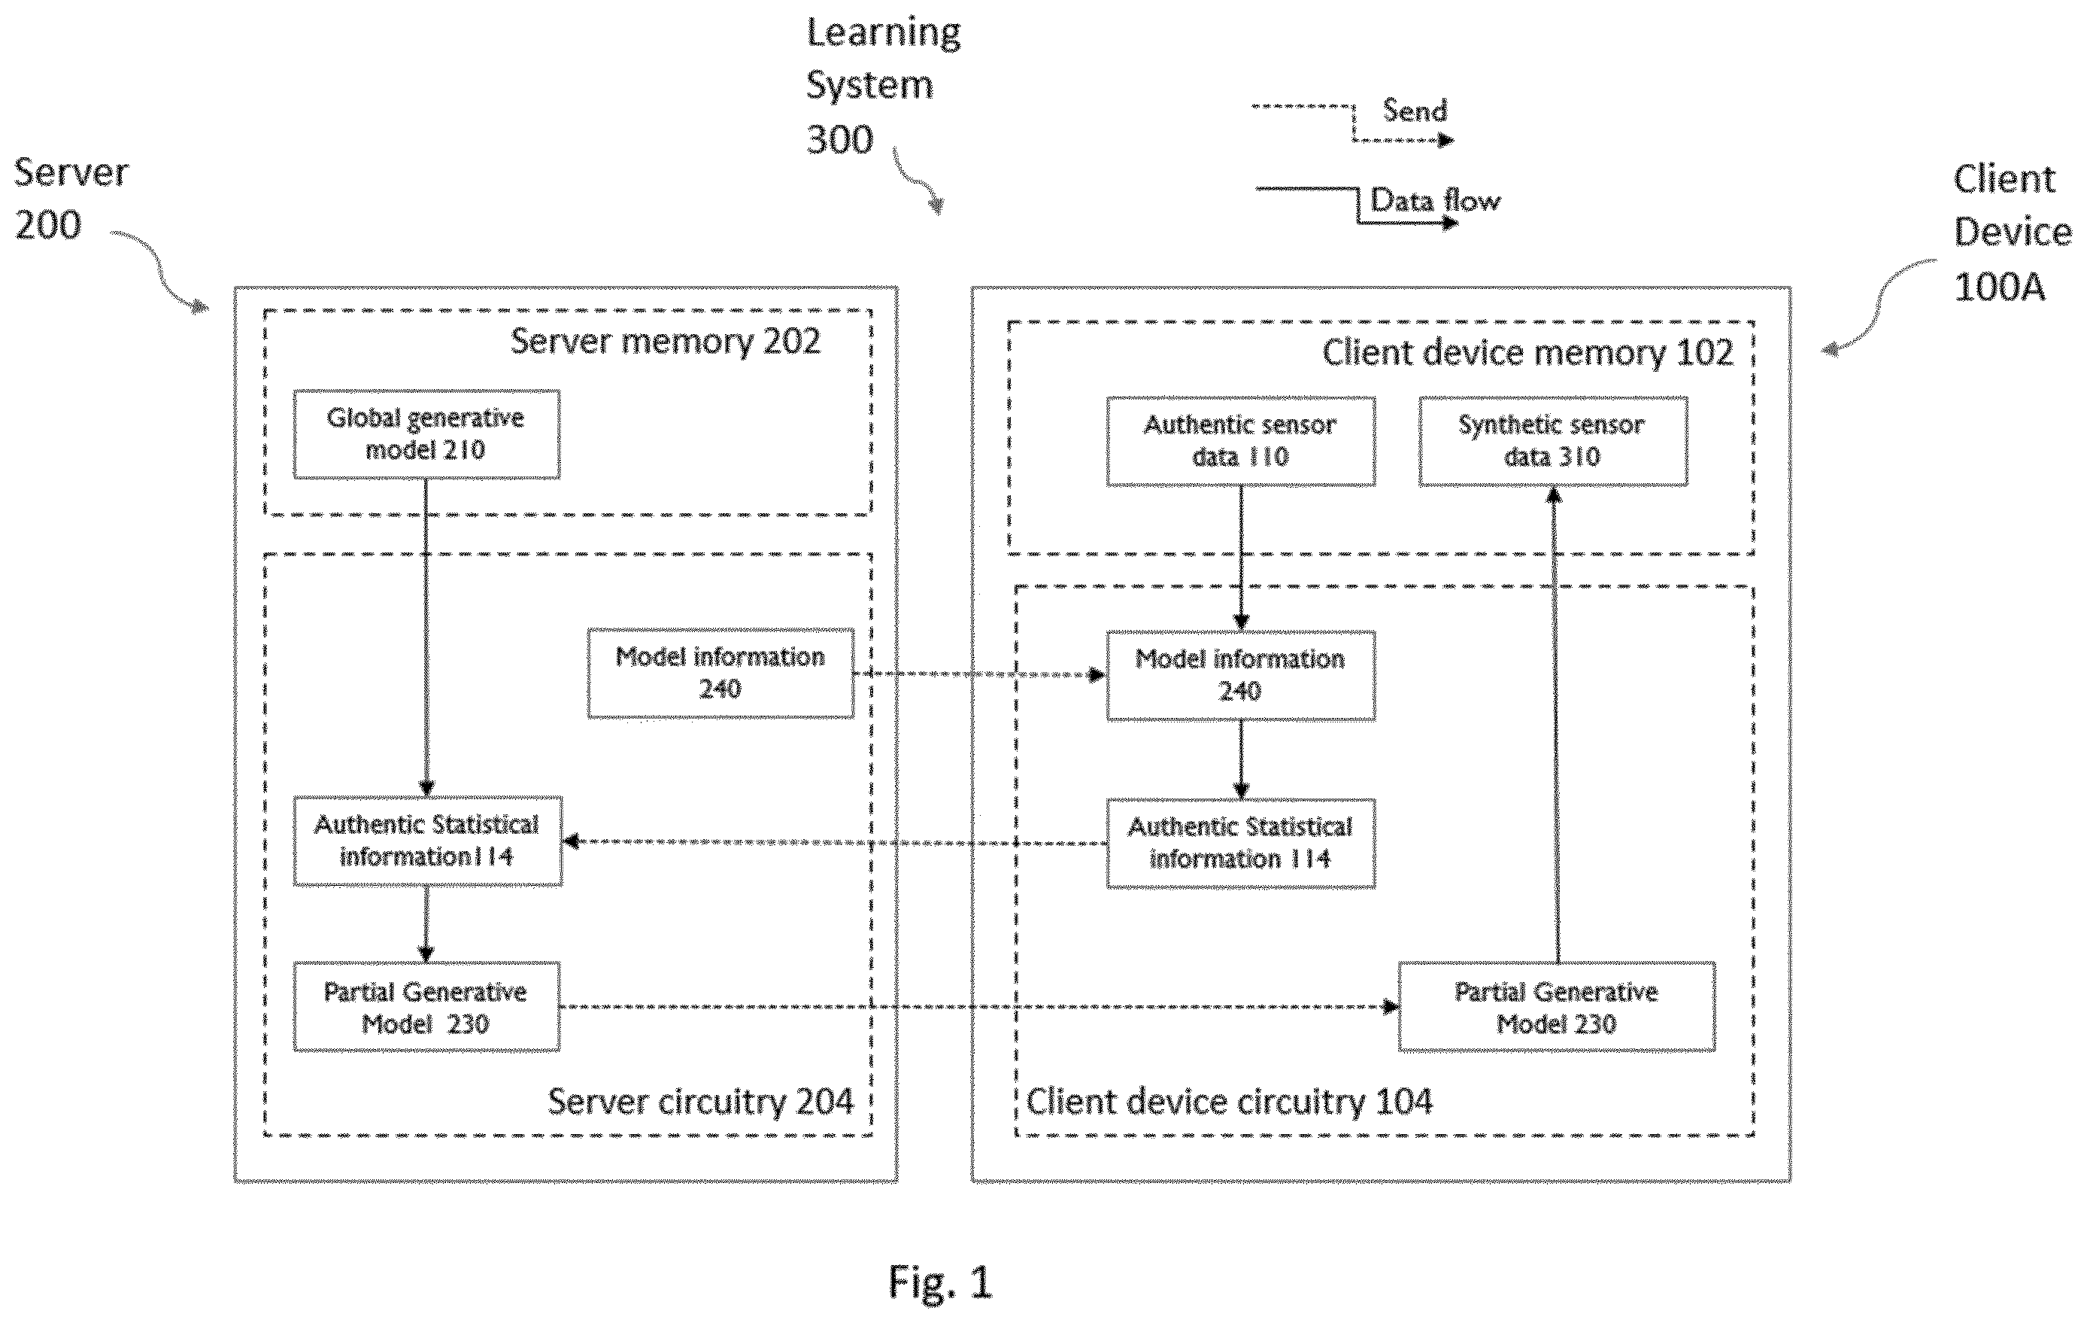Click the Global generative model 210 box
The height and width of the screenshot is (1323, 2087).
[x=426, y=434]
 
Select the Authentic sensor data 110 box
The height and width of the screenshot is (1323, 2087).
[x=1240, y=441]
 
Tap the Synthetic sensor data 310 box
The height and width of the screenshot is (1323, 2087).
[x=1552, y=441]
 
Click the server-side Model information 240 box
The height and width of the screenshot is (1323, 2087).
[x=720, y=674]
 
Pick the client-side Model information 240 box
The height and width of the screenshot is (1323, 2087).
[x=1240, y=675]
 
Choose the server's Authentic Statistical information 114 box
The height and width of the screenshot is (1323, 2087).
[x=427, y=841]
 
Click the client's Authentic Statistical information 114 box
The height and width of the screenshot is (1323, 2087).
[x=1240, y=844]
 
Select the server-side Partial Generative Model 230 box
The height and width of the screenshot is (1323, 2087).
[x=426, y=1007]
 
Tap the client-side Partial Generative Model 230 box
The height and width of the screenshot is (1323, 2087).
[x=1557, y=1007]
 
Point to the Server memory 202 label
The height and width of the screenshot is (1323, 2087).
[x=665, y=342]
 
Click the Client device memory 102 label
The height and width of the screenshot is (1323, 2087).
[x=1527, y=353]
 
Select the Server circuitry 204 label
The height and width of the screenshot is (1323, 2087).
[x=700, y=1102]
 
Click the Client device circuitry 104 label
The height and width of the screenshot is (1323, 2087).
[x=1229, y=1102]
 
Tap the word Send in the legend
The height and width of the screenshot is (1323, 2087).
[x=1415, y=111]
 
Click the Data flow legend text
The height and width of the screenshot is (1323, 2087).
[x=1435, y=201]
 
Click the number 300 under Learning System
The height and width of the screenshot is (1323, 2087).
[x=839, y=139]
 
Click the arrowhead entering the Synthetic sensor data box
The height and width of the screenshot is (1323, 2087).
[x=1554, y=495]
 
